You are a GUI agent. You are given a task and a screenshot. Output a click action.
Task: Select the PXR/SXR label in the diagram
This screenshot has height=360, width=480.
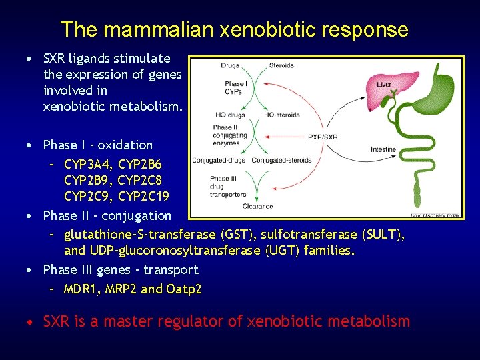pyautogui.click(x=323, y=137)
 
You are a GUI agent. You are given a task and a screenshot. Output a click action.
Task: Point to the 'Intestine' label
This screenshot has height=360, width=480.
pyautogui.click(x=383, y=149)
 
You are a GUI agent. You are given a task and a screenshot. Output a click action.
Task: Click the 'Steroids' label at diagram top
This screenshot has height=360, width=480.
pyautogui.click(x=281, y=65)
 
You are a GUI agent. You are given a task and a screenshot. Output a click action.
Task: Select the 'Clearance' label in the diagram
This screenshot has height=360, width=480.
pyautogui.click(x=257, y=206)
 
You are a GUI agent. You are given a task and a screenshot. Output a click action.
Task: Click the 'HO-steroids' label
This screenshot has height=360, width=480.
pyautogui.click(x=282, y=115)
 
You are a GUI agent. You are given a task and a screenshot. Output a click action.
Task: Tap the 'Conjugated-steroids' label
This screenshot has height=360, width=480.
pyautogui.click(x=282, y=160)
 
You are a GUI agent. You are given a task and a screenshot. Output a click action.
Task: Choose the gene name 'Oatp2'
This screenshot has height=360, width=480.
pyautogui.click(x=184, y=289)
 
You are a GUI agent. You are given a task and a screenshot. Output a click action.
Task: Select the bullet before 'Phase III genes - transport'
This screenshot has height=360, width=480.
pyautogui.click(x=30, y=271)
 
